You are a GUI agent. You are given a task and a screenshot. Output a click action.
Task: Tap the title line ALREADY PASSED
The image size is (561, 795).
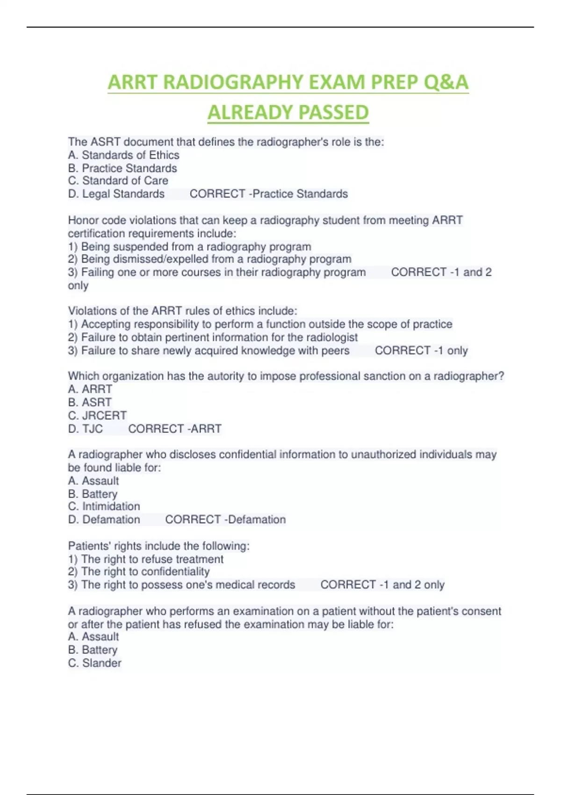pyautogui.click(x=288, y=112)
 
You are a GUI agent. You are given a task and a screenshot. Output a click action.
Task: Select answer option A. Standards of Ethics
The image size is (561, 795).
pyautogui.click(x=123, y=155)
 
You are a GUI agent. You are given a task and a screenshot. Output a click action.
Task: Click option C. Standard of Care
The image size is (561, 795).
pyautogui.click(x=118, y=181)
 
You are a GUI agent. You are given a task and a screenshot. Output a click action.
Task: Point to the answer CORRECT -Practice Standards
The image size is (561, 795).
pyautogui.click(x=268, y=194)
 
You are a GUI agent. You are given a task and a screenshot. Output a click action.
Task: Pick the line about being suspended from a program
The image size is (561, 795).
pyautogui.click(x=189, y=246)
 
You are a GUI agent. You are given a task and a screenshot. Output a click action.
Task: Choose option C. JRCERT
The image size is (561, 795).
pyautogui.click(x=97, y=415)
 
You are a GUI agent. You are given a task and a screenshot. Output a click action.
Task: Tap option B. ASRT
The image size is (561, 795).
pyautogui.click(x=90, y=402)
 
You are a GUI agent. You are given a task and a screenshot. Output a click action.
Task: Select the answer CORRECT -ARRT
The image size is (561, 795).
pyautogui.click(x=174, y=428)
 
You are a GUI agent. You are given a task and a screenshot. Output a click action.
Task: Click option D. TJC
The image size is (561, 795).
pyautogui.click(x=85, y=428)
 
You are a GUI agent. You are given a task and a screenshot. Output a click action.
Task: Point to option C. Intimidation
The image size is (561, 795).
pyautogui.click(x=104, y=506)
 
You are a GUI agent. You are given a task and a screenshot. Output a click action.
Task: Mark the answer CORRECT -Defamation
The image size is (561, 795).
pyautogui.click(x=225, y=519)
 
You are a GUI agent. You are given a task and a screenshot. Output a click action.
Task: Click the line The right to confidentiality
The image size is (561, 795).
pyautogui.click(x=139, y=571)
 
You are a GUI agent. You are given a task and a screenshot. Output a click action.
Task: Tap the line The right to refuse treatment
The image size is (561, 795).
pyautogui.click(x=146, y=559)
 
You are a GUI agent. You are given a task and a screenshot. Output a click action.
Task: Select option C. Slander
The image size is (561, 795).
pyautogui.click(x=94, y=663)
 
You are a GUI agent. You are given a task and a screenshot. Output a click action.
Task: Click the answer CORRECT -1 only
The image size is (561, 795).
pyautogui.click(x=421, y=350)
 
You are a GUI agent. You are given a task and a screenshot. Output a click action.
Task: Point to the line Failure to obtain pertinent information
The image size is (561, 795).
pyautogui.click(x=213, y=337)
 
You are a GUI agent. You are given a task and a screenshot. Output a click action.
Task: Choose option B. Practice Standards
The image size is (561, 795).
pyautogui.click(x=122, y=168)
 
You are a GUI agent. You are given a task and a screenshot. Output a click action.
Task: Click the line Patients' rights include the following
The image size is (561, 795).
pyautogui.click(x=159, y=546)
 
